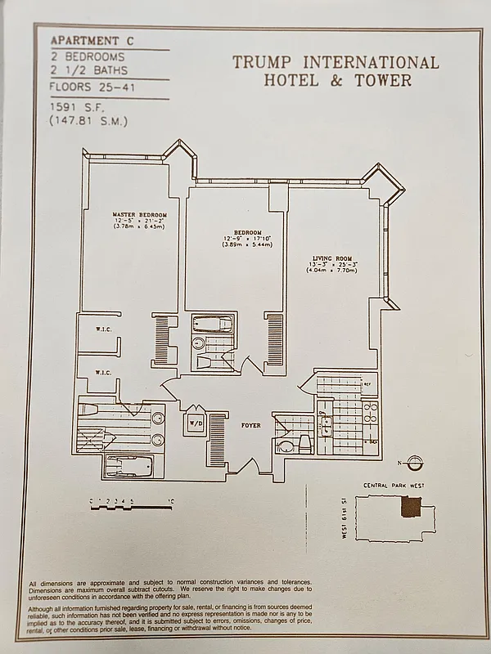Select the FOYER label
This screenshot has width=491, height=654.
tap(250, 425)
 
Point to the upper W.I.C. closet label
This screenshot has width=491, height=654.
tap(102, 330)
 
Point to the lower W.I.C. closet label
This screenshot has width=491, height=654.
tap(102, 372)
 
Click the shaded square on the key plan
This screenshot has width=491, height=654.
tap(408, 508)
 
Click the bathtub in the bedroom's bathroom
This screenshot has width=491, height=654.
tap(212, 325)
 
